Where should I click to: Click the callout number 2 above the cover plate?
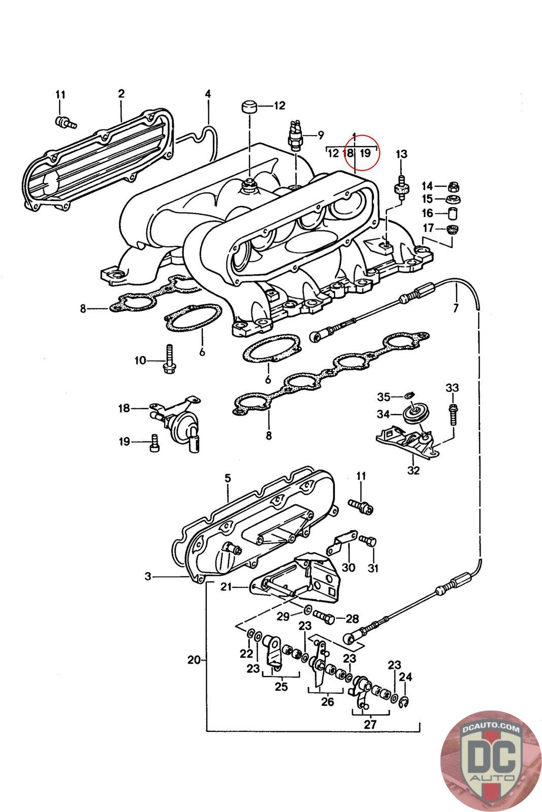(x=121, y=93)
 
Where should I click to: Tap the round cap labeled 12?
(x=248, y=107)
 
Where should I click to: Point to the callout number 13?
(x=401, y=154)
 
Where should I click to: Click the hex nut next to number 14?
(x=453, y=187)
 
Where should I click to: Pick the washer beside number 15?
(x=454, y=199)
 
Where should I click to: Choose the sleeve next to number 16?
(x=453, y=214)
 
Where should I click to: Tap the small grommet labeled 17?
(x=452, y=229)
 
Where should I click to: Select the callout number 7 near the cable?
(x=456, y=308)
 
